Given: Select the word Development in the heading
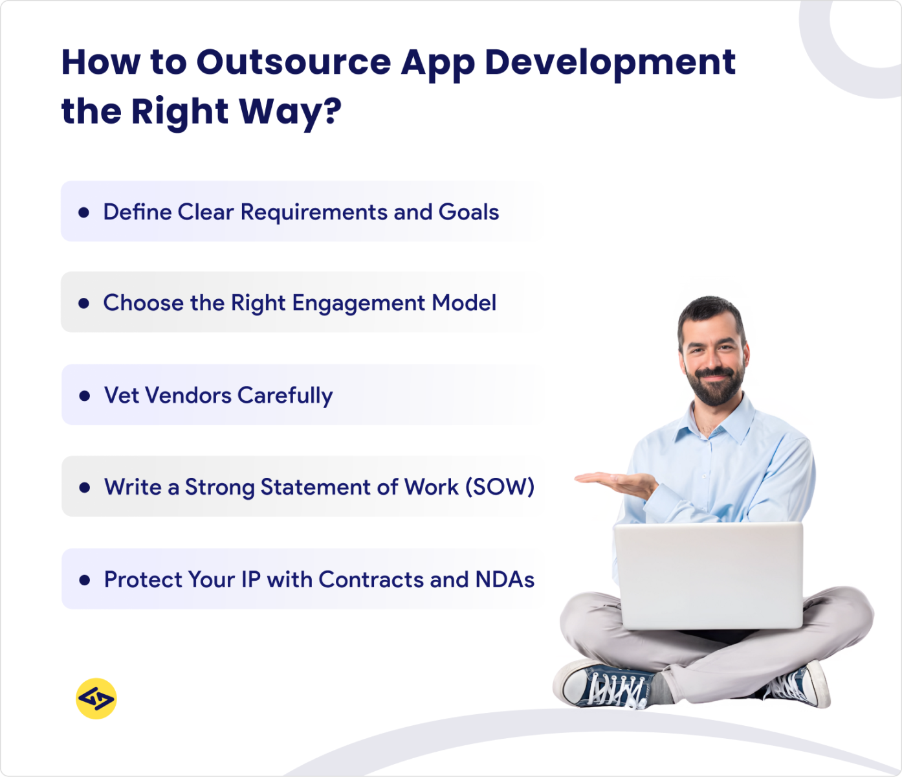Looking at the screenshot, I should (x=610, y=62).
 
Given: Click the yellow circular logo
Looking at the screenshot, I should (x=96, y=699).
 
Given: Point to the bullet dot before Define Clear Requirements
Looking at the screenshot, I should (x=83, y=212).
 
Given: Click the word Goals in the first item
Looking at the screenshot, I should (x=468, y=212).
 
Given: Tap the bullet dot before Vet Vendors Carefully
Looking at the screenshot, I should (x=84, y=396).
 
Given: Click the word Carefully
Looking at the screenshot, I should (x=285, y=396).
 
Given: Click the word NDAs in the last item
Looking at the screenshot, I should (x=505, y=580).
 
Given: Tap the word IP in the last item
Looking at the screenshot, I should (x=250, y=580).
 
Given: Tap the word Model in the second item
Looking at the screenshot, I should (x=464, y=303).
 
